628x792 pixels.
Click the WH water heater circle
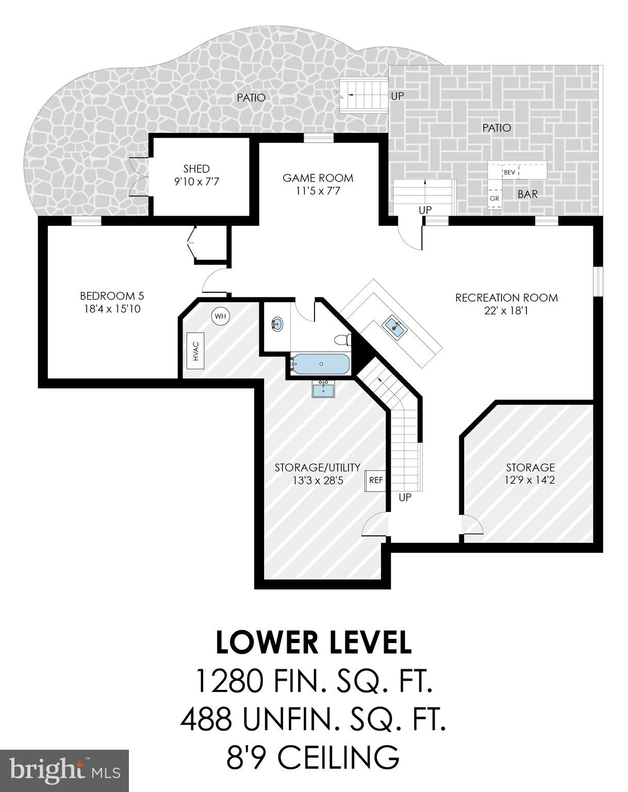[221, 316]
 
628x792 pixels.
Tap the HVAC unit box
[196, 351]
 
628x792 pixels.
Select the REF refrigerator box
[376, 481]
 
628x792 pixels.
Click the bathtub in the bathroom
[321, 365]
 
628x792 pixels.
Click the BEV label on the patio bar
[509, 172]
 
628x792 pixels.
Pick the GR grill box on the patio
[494, 199]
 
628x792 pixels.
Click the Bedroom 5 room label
[111, 296]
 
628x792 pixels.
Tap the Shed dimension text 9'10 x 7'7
[196, 181]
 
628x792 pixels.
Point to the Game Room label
[318, 178]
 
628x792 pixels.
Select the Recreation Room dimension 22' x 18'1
[506, 310]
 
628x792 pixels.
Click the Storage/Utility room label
[317, 468]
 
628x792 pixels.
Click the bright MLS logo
[64, 770]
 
